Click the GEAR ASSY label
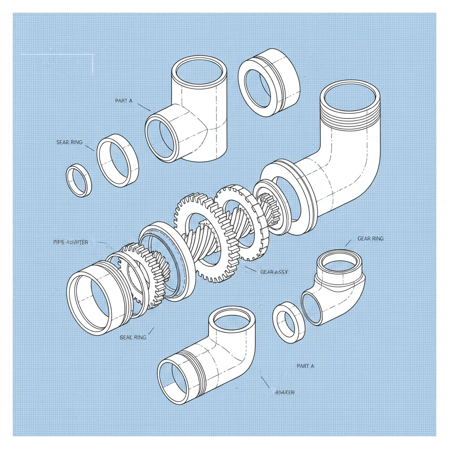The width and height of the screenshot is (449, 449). click(274, 272)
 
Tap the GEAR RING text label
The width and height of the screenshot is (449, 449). click(371, 239)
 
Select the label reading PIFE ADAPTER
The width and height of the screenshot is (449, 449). click(71, 242)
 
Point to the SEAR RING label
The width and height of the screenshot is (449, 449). click(70, 143)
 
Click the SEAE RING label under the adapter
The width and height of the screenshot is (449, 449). click(133, 337)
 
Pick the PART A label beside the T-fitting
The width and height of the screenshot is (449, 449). click(124, 101)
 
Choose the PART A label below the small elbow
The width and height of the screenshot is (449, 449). click(305, 366)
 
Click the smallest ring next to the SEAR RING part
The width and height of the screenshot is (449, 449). click(79, 180)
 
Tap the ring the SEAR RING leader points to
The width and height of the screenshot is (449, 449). click(117, 160)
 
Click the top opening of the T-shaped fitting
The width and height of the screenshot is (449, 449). click(199, 71)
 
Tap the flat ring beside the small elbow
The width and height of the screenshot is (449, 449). click(289, 322)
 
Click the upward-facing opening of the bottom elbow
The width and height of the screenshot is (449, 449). click(232, 320)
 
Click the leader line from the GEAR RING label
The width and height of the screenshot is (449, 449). click(349, 242)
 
